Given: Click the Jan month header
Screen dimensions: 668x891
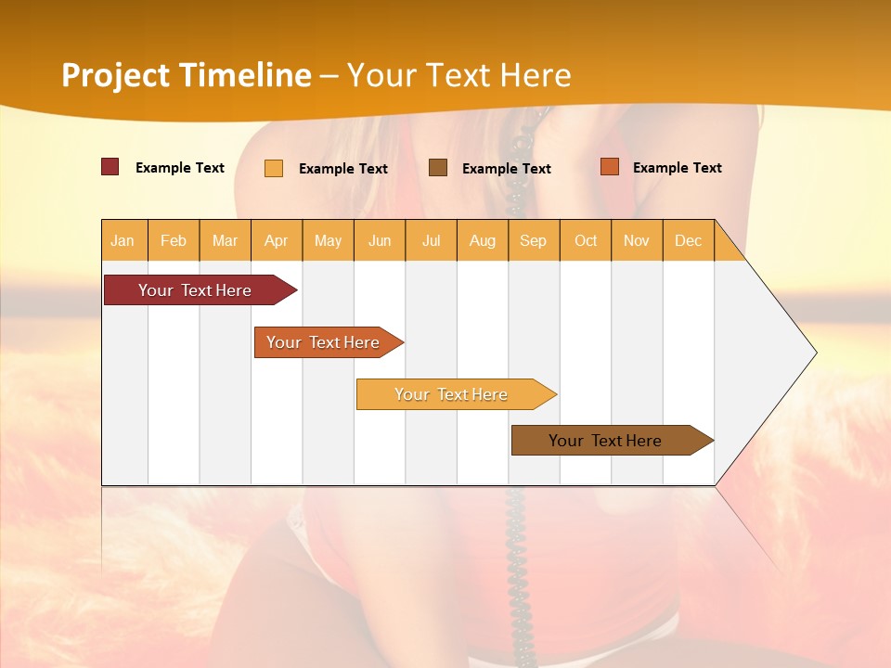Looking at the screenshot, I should [x=123, y=240].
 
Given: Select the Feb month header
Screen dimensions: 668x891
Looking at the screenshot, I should [x=174, y=240].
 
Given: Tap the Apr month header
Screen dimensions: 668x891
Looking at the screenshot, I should [x=277, y=240].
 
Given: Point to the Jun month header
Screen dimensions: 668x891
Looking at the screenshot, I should [x=380, y=240].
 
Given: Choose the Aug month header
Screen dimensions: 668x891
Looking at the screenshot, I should [x=483, y=240].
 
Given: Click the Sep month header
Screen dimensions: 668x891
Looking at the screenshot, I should [x=534, y=240].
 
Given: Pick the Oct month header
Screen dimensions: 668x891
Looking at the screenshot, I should [x=586, y=240].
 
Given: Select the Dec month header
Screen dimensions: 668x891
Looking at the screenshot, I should [x=689, y=240].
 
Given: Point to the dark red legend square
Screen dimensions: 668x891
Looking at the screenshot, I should [x=110, y=167].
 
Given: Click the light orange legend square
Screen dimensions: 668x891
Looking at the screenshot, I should [x=274, y=168].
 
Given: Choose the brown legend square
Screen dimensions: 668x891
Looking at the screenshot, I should [x=438, y=168].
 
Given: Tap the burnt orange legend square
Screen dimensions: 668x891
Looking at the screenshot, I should [x=610, y=167].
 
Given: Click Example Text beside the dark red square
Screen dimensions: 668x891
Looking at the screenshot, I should [x=180, y=168].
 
